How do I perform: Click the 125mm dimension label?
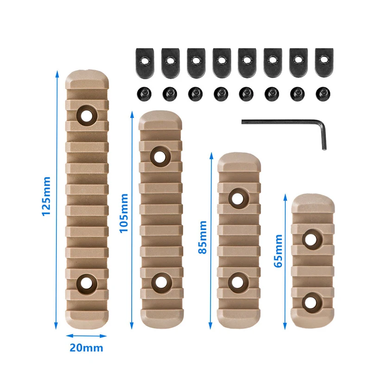point(45,197)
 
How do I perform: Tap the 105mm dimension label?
point(124,213)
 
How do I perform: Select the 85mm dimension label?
point(203,237)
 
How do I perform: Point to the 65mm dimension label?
point(278,251)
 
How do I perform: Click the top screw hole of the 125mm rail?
point(86,115)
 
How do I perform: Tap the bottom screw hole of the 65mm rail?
point(312,301)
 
